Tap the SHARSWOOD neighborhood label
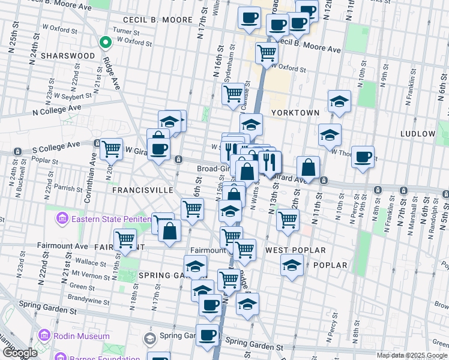coord(68,56)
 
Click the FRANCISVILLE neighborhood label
coord(142,190)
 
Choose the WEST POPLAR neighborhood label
coord(295,250)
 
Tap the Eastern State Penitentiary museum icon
coord(62,219)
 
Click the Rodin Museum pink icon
coord(44,335)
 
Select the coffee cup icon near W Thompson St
coord(363,157)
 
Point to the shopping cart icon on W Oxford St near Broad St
coord(267,53)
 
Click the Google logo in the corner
coord(20,353)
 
